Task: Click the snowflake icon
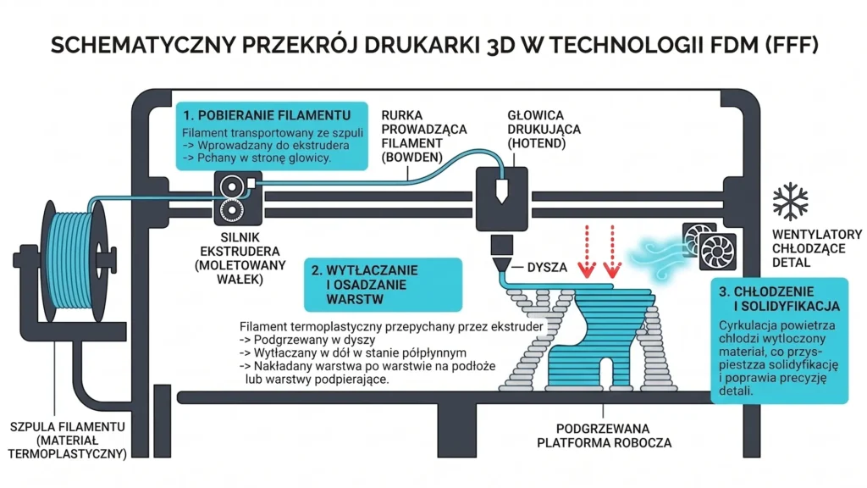pos(790,202)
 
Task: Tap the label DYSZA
pos(547,267)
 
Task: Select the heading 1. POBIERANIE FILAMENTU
pos(267,115)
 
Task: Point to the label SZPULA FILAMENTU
pos(68,427)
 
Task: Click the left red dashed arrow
pos(588,252)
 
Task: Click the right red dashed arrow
pos(612,252)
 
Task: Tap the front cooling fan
pos(718,251)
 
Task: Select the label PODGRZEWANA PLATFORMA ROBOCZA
pos(604,436)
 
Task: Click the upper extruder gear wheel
pos(232,186)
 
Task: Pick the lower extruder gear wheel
pos(232,210)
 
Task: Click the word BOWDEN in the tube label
pos(412,157)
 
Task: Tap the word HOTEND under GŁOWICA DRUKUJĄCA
pos(536,143)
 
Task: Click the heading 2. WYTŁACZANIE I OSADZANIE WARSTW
pos(365,285)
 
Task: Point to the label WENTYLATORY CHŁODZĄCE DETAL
pos(817,248)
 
